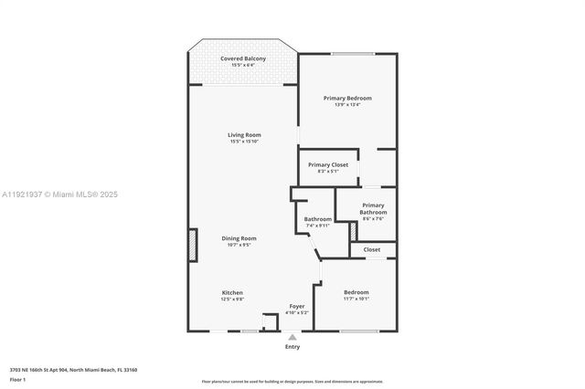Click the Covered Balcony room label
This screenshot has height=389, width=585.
(x=242, y=58)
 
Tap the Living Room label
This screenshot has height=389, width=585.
(x=244, y=135)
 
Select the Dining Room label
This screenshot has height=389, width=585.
(x=239, y=238)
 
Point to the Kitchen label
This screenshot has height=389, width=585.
(x=232, y=292)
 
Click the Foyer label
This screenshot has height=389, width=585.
(x=297, y=306)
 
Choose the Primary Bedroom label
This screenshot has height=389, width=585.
(x=347, y=98)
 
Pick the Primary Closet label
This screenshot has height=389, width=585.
(x=328, y=164)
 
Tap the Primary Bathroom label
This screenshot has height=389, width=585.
(x=373, y=209)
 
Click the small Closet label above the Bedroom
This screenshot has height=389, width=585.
(x=372, y=249)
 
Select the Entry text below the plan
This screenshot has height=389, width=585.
(x=292, y=347)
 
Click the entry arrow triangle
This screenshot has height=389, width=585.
(x=292, y=336)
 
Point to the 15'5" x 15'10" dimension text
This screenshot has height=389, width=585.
(x=244, y=142)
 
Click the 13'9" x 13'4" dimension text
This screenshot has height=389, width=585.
(x=347, y=104)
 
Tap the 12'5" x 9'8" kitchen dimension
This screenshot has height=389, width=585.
(x=232, y=299)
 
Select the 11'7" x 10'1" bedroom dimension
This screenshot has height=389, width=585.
(x=356, y=299)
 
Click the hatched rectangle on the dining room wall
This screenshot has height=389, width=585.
(x=192, y=245)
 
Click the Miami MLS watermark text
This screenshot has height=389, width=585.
(x=59, y=194)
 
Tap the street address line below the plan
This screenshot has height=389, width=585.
(x=73, y=370)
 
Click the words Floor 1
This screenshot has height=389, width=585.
(x=17, y=379)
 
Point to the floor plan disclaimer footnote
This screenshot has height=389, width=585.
(x=292, y=382)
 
